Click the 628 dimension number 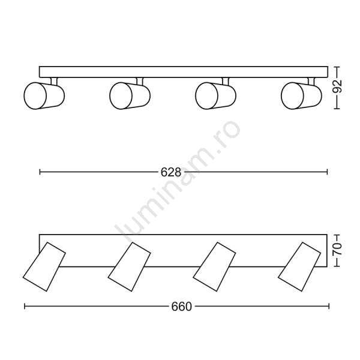171,172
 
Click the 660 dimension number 181,307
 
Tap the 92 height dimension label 337,86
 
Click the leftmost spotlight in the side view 44,95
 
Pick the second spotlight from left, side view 130,95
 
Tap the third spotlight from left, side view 215,95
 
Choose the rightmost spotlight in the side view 301,95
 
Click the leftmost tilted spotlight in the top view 44,266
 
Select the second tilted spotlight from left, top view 129,266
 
